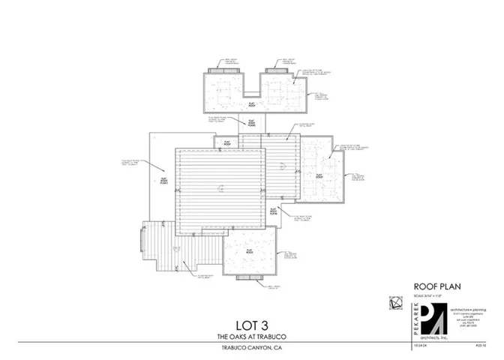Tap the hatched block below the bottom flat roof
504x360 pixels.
[x=250, y=279]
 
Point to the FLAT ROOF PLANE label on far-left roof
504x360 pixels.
[x=163, y=181]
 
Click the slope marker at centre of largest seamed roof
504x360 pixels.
[x=218, y=187]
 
